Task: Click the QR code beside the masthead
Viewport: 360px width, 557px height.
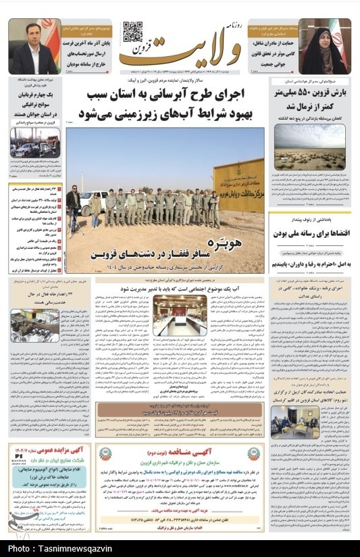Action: coord(132,32)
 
